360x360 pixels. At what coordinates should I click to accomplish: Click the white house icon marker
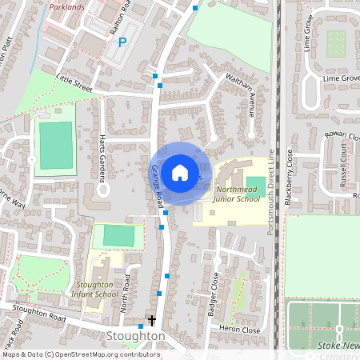click(x=180, y=173)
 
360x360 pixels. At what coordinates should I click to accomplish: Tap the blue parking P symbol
click(x=122, y=42)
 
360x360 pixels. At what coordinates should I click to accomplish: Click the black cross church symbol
click(x=151, y=321)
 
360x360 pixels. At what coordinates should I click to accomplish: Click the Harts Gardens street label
click(x=102, y=152)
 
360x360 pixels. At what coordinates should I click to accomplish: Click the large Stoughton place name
click(x=136, y=336)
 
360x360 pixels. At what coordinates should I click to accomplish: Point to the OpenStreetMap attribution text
click(x=81, y=354)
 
